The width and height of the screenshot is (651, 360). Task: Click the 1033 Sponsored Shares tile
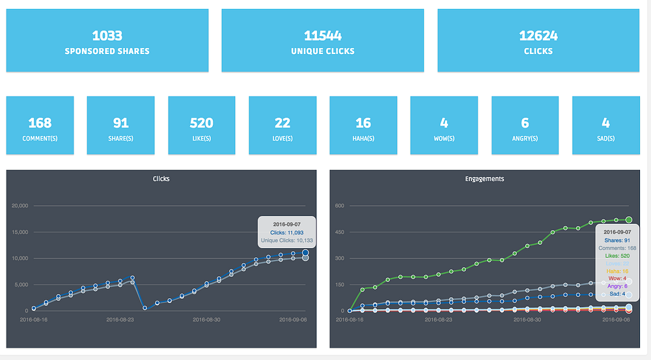107,40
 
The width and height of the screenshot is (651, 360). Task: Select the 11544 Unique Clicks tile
322,40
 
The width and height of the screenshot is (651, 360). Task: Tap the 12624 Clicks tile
538,40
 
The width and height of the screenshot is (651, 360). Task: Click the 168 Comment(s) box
40,126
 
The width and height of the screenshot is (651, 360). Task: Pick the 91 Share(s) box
120,126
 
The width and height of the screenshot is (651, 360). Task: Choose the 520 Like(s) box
202,126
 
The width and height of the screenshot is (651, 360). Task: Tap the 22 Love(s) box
283,126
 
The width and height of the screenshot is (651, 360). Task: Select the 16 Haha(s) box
363,126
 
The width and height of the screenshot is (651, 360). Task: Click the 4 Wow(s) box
444,126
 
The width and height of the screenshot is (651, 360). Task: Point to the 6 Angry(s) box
525,126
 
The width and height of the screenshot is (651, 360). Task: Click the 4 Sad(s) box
605,126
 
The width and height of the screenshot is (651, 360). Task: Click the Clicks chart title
161,178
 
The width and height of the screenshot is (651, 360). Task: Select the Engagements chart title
484,178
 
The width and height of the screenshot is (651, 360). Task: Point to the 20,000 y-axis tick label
20,206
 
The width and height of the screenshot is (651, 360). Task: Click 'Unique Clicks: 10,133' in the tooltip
287,240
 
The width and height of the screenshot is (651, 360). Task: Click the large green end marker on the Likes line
629,220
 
